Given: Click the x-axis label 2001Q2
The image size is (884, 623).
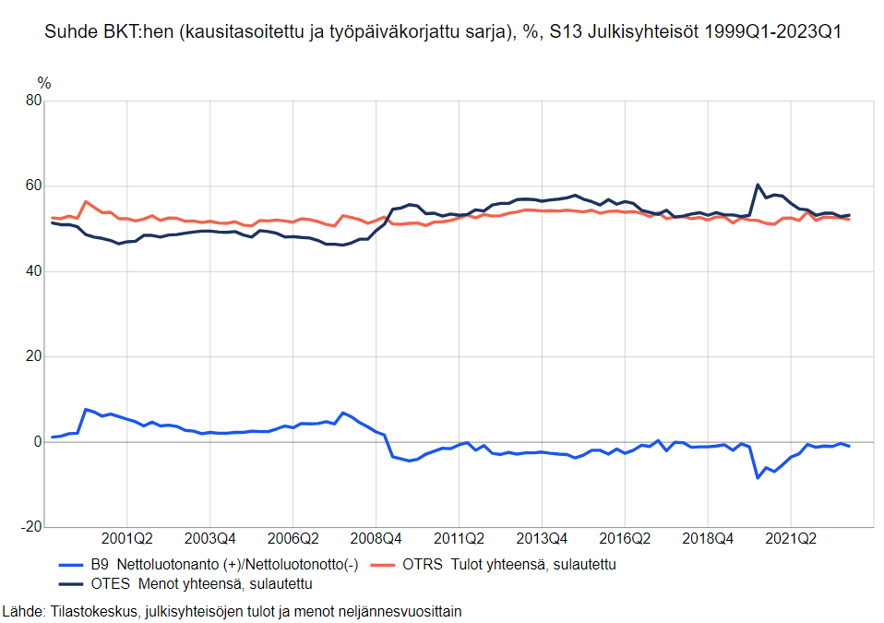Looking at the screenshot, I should (127, 538).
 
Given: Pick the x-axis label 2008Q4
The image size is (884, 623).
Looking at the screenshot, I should (376, 538).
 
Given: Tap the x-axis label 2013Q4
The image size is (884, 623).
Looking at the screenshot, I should (543, 538).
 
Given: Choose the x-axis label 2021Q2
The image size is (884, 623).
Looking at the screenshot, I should (791, 538).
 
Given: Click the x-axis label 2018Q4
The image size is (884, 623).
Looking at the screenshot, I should (708, 538).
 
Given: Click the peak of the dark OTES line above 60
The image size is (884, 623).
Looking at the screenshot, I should (758, 185).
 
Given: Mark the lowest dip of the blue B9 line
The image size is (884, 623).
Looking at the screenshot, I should (758, 477).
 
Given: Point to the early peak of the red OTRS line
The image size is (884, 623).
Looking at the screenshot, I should (86, 201).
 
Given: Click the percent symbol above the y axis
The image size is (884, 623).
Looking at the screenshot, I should (43, 84).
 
